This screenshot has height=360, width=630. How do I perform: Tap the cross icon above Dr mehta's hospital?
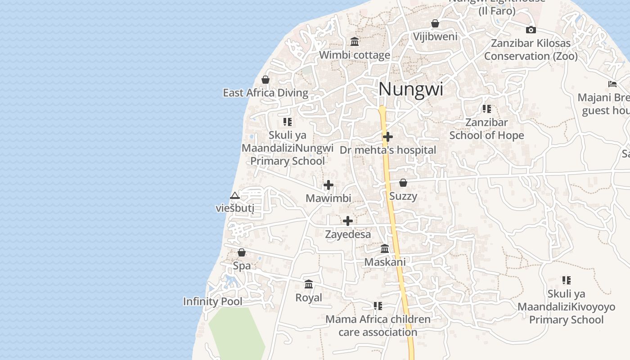click(388, 136)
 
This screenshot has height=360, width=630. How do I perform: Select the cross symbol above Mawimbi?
click(328, 185)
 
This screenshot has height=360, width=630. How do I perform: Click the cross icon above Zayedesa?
click(348, 221)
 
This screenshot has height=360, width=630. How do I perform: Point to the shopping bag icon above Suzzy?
click(403, 183)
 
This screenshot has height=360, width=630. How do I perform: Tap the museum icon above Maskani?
click(385, 248)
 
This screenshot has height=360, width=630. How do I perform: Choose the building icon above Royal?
click(309, 284)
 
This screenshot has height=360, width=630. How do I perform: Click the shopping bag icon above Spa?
click(242, 252)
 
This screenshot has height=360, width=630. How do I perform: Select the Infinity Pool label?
click(212, 301)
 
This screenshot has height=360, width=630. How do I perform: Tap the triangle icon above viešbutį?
click(234, 196)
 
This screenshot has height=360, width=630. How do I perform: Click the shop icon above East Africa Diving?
click(265, 80)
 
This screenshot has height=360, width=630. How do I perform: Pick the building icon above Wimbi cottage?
click(355, 42)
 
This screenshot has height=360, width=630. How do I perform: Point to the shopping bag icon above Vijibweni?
click(435, 23)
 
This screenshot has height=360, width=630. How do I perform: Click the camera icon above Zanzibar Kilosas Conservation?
click(531, 30)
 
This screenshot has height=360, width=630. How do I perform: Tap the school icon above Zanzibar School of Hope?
click(486, 109)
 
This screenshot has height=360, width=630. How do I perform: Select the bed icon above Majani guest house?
click(612, 84)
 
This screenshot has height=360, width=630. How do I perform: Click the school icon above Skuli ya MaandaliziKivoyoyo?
click(566, 280)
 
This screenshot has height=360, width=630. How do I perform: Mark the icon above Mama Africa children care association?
click(378, 306)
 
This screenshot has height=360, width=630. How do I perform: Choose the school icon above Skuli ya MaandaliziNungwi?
click(288, 121)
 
